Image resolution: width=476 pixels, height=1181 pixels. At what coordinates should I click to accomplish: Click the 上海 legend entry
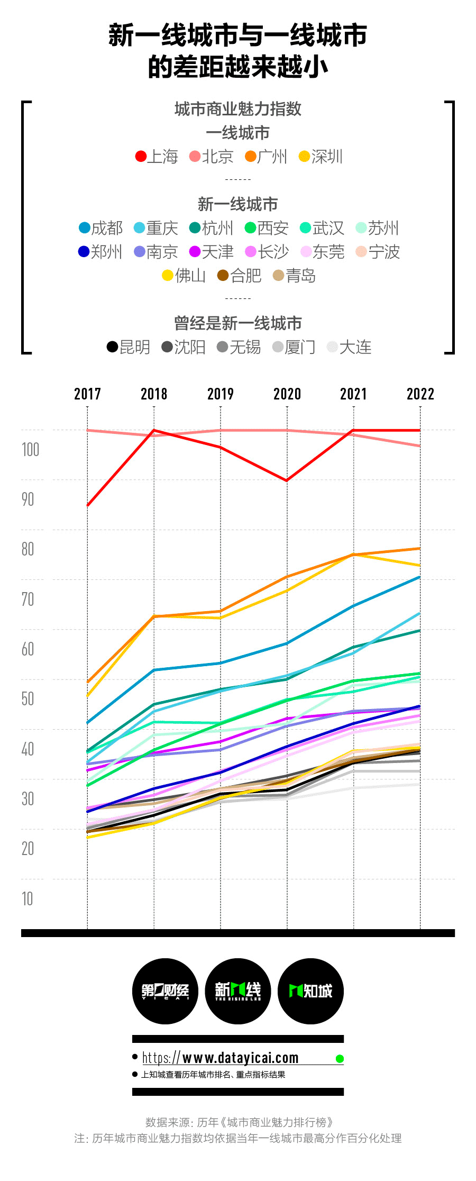(x=157, y=157)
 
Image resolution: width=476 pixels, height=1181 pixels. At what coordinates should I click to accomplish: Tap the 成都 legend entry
(x=100, y=228)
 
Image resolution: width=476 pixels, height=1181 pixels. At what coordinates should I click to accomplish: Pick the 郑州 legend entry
(x=100, y=252)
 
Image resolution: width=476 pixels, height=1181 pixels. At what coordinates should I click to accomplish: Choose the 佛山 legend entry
(x=184, y=276)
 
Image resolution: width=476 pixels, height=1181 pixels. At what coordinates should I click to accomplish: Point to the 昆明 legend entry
(x=129, y=347)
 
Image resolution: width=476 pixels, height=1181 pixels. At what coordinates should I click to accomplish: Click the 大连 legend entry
(x=349, y=347)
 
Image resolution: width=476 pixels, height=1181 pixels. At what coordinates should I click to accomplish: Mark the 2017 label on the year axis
(x=87, y=394)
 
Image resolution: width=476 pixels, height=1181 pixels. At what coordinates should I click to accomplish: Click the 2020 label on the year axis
(x=287, y=394)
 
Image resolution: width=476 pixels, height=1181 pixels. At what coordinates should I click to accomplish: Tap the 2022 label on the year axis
(x=420, y=394)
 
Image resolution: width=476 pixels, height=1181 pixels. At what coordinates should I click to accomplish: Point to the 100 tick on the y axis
(x=30, y=450)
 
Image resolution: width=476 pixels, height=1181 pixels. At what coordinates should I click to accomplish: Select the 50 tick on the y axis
(x=28, y=699)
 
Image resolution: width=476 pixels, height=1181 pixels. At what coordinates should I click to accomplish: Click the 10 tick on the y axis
(x=27, y=898)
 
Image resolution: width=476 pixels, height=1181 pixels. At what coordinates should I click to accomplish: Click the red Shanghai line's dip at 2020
(x=287, y=480)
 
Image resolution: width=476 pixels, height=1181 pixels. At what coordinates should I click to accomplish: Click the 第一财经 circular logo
(x=165, y=991)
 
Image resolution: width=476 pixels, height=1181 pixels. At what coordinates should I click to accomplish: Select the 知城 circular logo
(x=310, y=991)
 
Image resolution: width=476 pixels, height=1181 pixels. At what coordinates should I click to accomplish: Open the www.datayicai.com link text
(x=221, y=1058)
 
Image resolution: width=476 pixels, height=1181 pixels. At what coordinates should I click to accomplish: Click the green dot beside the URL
(x=340, y=1059)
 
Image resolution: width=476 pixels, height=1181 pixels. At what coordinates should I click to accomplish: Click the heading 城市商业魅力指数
(x=238, y=109)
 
